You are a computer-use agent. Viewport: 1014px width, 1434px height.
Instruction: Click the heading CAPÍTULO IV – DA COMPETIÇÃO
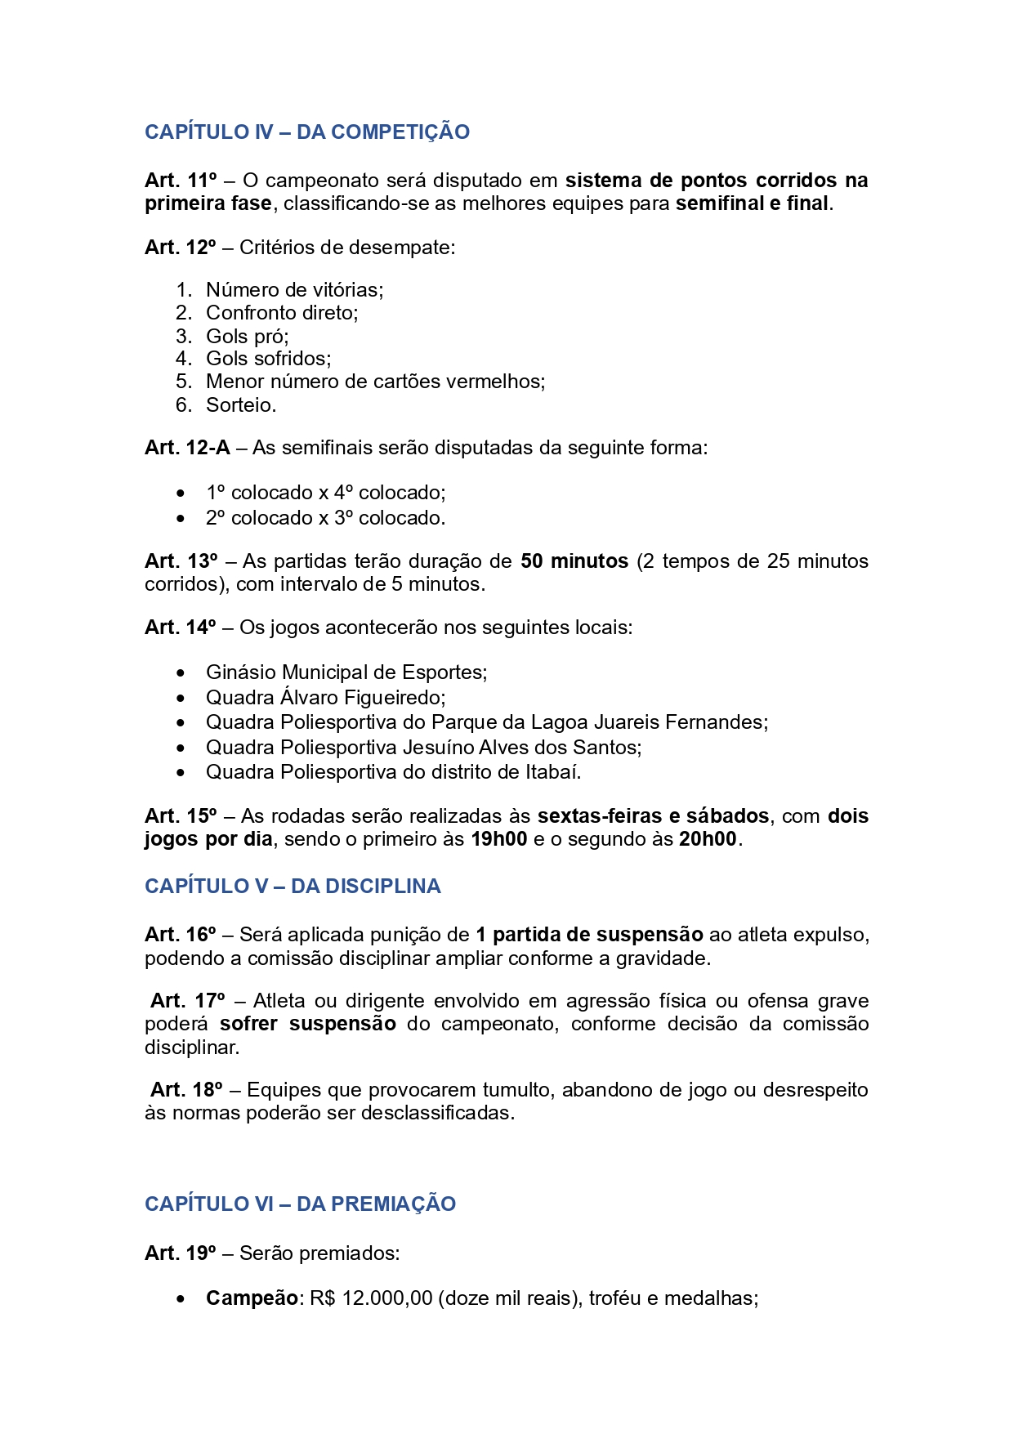[306, 132]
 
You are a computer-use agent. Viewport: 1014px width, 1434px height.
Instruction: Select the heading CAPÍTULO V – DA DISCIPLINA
[293, 887]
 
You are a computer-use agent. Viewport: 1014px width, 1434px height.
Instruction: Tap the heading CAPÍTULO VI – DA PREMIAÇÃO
[300, 1204]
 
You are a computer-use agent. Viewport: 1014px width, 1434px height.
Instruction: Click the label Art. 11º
[181, 181]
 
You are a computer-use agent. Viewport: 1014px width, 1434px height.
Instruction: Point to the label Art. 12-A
[187, 448]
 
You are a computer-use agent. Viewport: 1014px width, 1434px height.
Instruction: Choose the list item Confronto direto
[281, 313]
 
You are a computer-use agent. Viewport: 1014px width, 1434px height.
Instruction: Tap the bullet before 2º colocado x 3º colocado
[181, 519]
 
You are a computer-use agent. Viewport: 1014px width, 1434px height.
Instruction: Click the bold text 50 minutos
[574, 561]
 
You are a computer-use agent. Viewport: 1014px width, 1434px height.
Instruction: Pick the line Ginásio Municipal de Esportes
[346, 672]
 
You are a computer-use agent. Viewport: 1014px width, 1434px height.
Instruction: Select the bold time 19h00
[498, 839]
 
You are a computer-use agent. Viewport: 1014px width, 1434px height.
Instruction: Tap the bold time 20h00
[708, 839]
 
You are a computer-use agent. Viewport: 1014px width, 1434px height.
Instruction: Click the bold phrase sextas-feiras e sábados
[653, 816]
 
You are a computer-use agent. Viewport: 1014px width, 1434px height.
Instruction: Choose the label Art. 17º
[187, 1001]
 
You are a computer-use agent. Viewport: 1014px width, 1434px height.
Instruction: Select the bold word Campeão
[252, 1298]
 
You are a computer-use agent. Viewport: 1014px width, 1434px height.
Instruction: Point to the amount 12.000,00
[386, 1298]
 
